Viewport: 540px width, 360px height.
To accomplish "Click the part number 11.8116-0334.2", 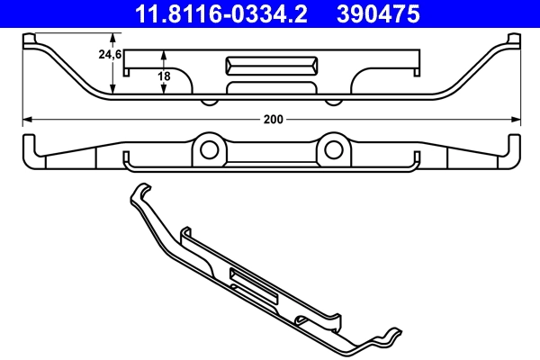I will pos(209,13).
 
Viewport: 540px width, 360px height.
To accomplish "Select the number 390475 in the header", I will pos(379,13).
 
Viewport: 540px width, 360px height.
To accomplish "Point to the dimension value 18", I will pos(164,76).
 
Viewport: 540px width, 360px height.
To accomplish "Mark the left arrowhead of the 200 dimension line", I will pos(26,119).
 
